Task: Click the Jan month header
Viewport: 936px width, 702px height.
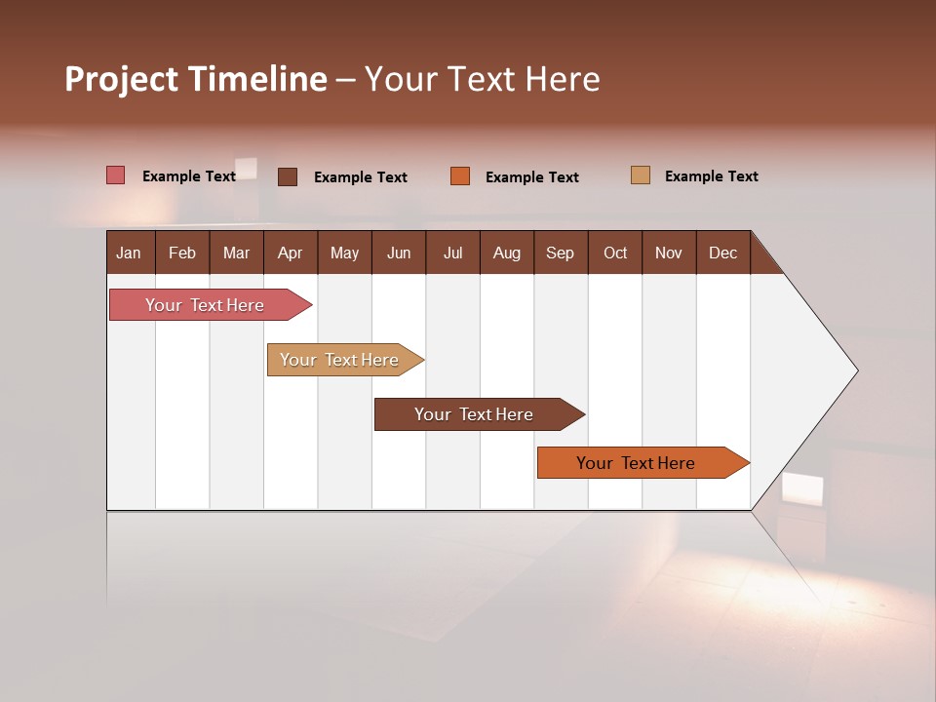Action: pos(130,253)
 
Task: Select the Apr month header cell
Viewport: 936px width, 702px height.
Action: pos(291,253)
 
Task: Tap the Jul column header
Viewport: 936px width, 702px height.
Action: pos(452,253)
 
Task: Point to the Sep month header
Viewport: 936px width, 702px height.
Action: pos(561,253)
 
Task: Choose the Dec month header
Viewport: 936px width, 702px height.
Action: pos(722,253)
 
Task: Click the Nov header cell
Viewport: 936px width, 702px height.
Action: pos(669,253)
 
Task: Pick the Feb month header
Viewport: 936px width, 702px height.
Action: pos(182,253)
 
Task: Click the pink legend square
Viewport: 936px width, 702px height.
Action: pos(116,175)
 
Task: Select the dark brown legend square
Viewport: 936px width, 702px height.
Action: pos(288,176)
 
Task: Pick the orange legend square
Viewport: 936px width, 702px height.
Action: pos(460,176)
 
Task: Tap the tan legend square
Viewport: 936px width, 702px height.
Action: pos(641,175)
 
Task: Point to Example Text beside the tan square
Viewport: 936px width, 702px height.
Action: pos(711,175)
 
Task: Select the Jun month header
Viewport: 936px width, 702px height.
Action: pos(399,253)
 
